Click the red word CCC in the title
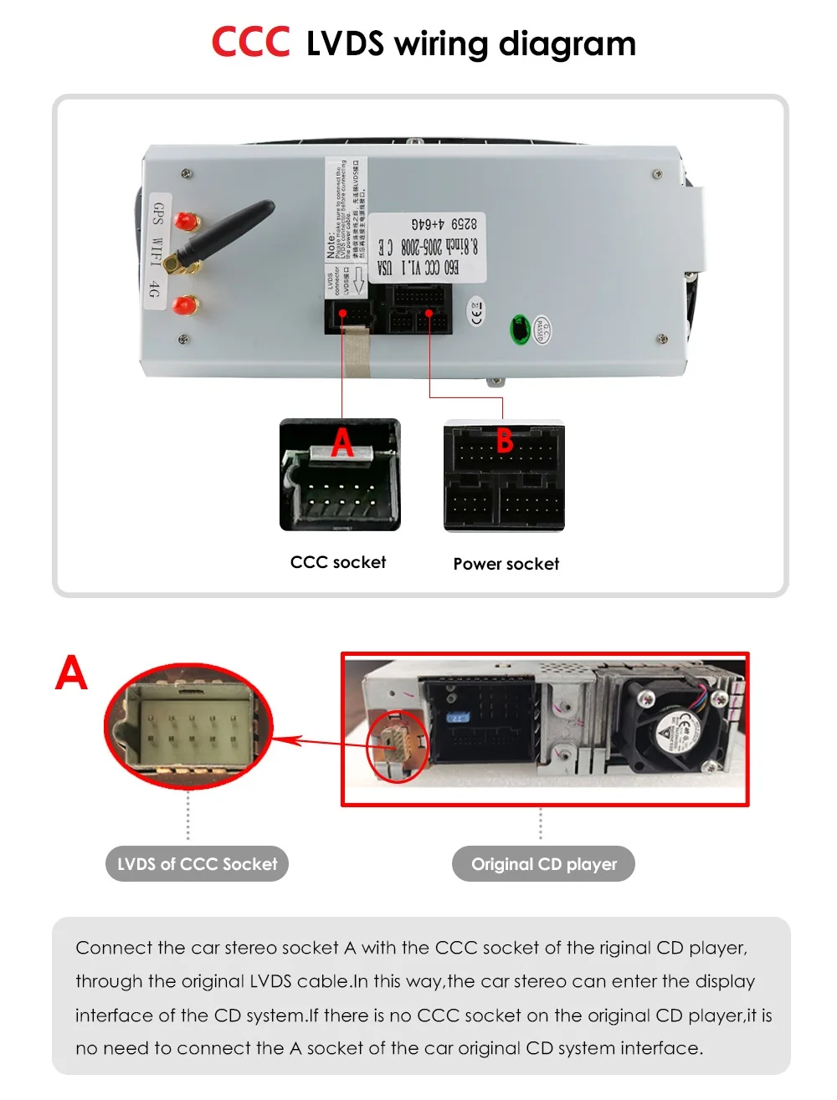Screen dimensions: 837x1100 coord(250,43)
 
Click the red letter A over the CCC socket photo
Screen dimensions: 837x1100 coord(341,443)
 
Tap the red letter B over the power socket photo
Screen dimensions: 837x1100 coord(505,440)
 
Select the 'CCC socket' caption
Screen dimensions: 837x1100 coord(338,562)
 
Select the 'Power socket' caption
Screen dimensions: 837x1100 coord(506,564)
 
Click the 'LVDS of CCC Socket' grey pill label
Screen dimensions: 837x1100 coord(197,864)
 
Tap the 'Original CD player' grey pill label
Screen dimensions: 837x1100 coord(543,864)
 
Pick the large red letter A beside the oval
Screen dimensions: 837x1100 coord(72,673)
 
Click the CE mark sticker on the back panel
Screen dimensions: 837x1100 coord(476,312)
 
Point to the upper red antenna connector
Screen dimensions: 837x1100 coord(185,221)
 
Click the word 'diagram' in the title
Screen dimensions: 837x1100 coord(567,43)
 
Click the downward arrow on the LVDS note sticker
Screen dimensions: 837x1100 coord(357,279)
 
